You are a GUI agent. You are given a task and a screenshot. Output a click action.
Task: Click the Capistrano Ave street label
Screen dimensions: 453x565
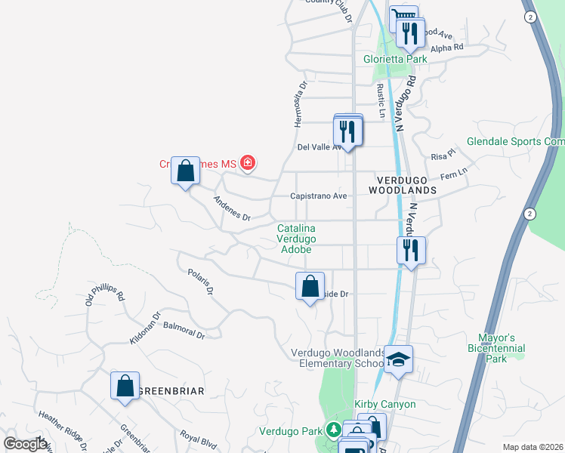320,196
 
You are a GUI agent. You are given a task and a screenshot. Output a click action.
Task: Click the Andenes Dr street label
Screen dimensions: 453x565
231,208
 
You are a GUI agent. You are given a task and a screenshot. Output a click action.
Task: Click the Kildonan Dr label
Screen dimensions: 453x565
146,328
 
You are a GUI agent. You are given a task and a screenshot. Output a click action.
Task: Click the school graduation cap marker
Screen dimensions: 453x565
398,359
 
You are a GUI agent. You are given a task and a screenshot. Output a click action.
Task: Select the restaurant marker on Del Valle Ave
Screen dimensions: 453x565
348,131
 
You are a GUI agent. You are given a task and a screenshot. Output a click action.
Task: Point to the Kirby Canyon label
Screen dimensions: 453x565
387,405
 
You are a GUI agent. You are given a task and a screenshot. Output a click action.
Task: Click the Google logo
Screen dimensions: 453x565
25,444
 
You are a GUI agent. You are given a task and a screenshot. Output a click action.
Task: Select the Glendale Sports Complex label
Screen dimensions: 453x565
515,142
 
